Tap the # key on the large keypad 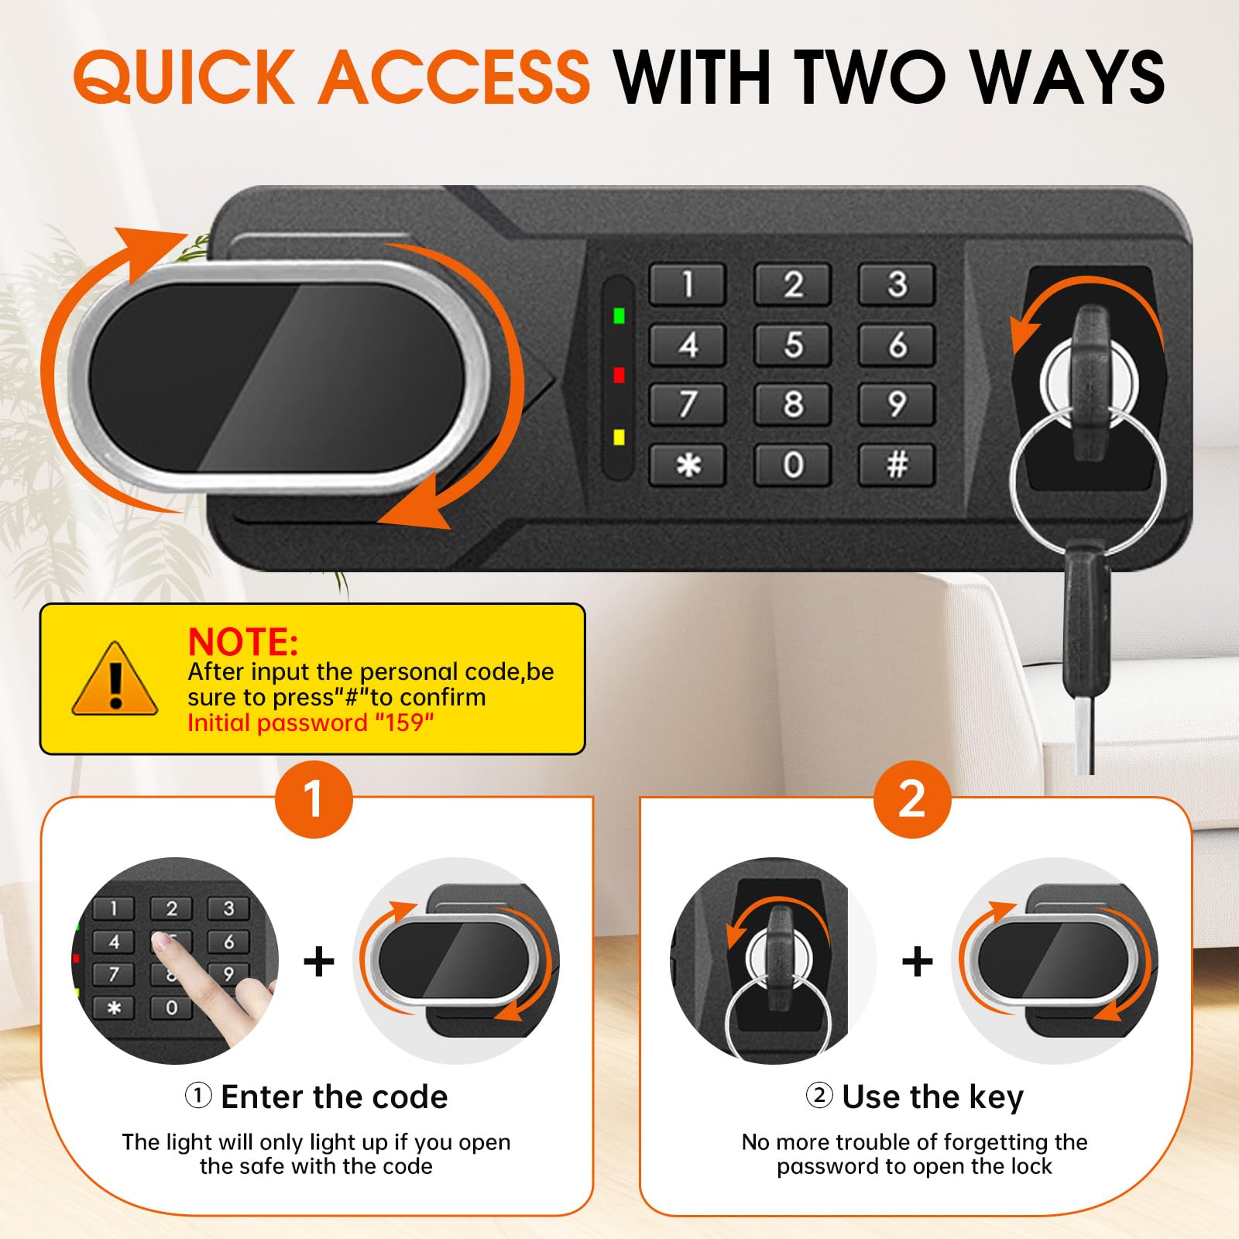pyautogui.click(x=897, y=465)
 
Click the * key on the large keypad pyautogui.click(x=688, y=465)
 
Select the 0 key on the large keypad pyautogui.click(x=792, y=465)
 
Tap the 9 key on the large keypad pyautogui.click(x=897, y=404)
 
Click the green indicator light pyautogui.click(x=619, y=315)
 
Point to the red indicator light pyautogui.click(x=619, y=375)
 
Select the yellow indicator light pyautogui.click(x=619, y=438)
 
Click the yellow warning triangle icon pyautogui.click(x=115, y=679)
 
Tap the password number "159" pyautogui.click(x=404, y=722)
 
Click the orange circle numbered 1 pyautogui.click(x=314, y=799)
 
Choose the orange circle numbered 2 pyautogui.click(x=912, y=799)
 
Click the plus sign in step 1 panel pyautogui.click(x=319, y=962)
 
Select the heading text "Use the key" pyautogui.click(x=932, y=1097)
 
